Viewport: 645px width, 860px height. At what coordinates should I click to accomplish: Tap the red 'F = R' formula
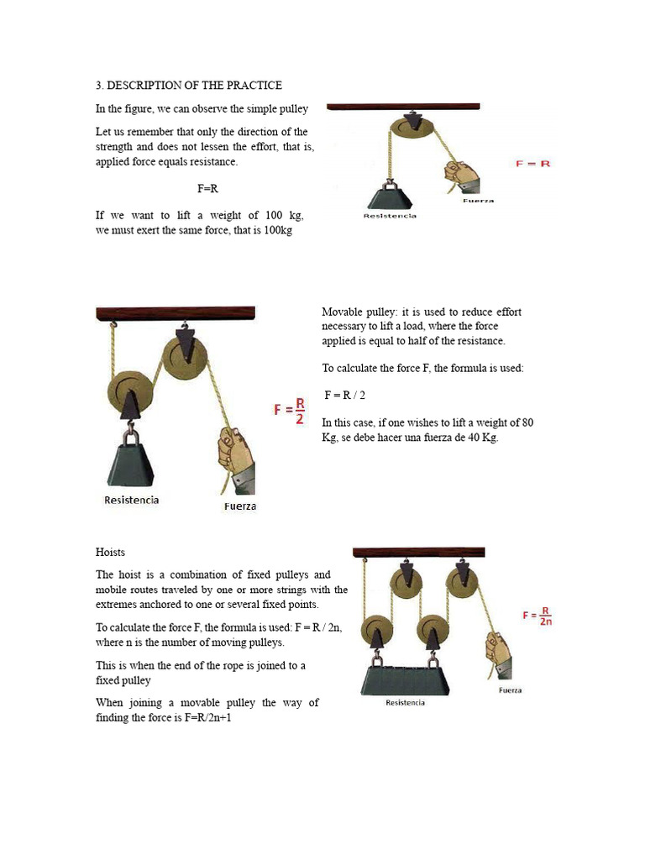click(x=532, y=163)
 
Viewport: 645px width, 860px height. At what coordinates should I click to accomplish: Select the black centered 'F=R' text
click(x=207, y=189)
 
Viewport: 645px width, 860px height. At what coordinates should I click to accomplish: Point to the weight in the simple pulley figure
click(x=390, y=196)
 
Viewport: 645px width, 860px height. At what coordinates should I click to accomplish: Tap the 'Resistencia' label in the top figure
click(x=389, y=216)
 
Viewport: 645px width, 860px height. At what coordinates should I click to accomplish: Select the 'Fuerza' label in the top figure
click(x=478, y=201)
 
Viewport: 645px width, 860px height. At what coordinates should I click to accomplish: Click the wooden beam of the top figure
click(x=403, y=107)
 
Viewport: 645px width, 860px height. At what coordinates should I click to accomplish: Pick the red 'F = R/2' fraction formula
click(x=290, y=411)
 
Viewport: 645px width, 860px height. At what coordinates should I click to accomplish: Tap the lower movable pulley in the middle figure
click(x=130, y=391)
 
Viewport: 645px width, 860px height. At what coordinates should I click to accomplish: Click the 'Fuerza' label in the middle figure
click(x=239, y=506)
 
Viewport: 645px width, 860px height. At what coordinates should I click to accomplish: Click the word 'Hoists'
click(x=110, y=552)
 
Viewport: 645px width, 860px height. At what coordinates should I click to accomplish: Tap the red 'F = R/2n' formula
click(x=537, y=616)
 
